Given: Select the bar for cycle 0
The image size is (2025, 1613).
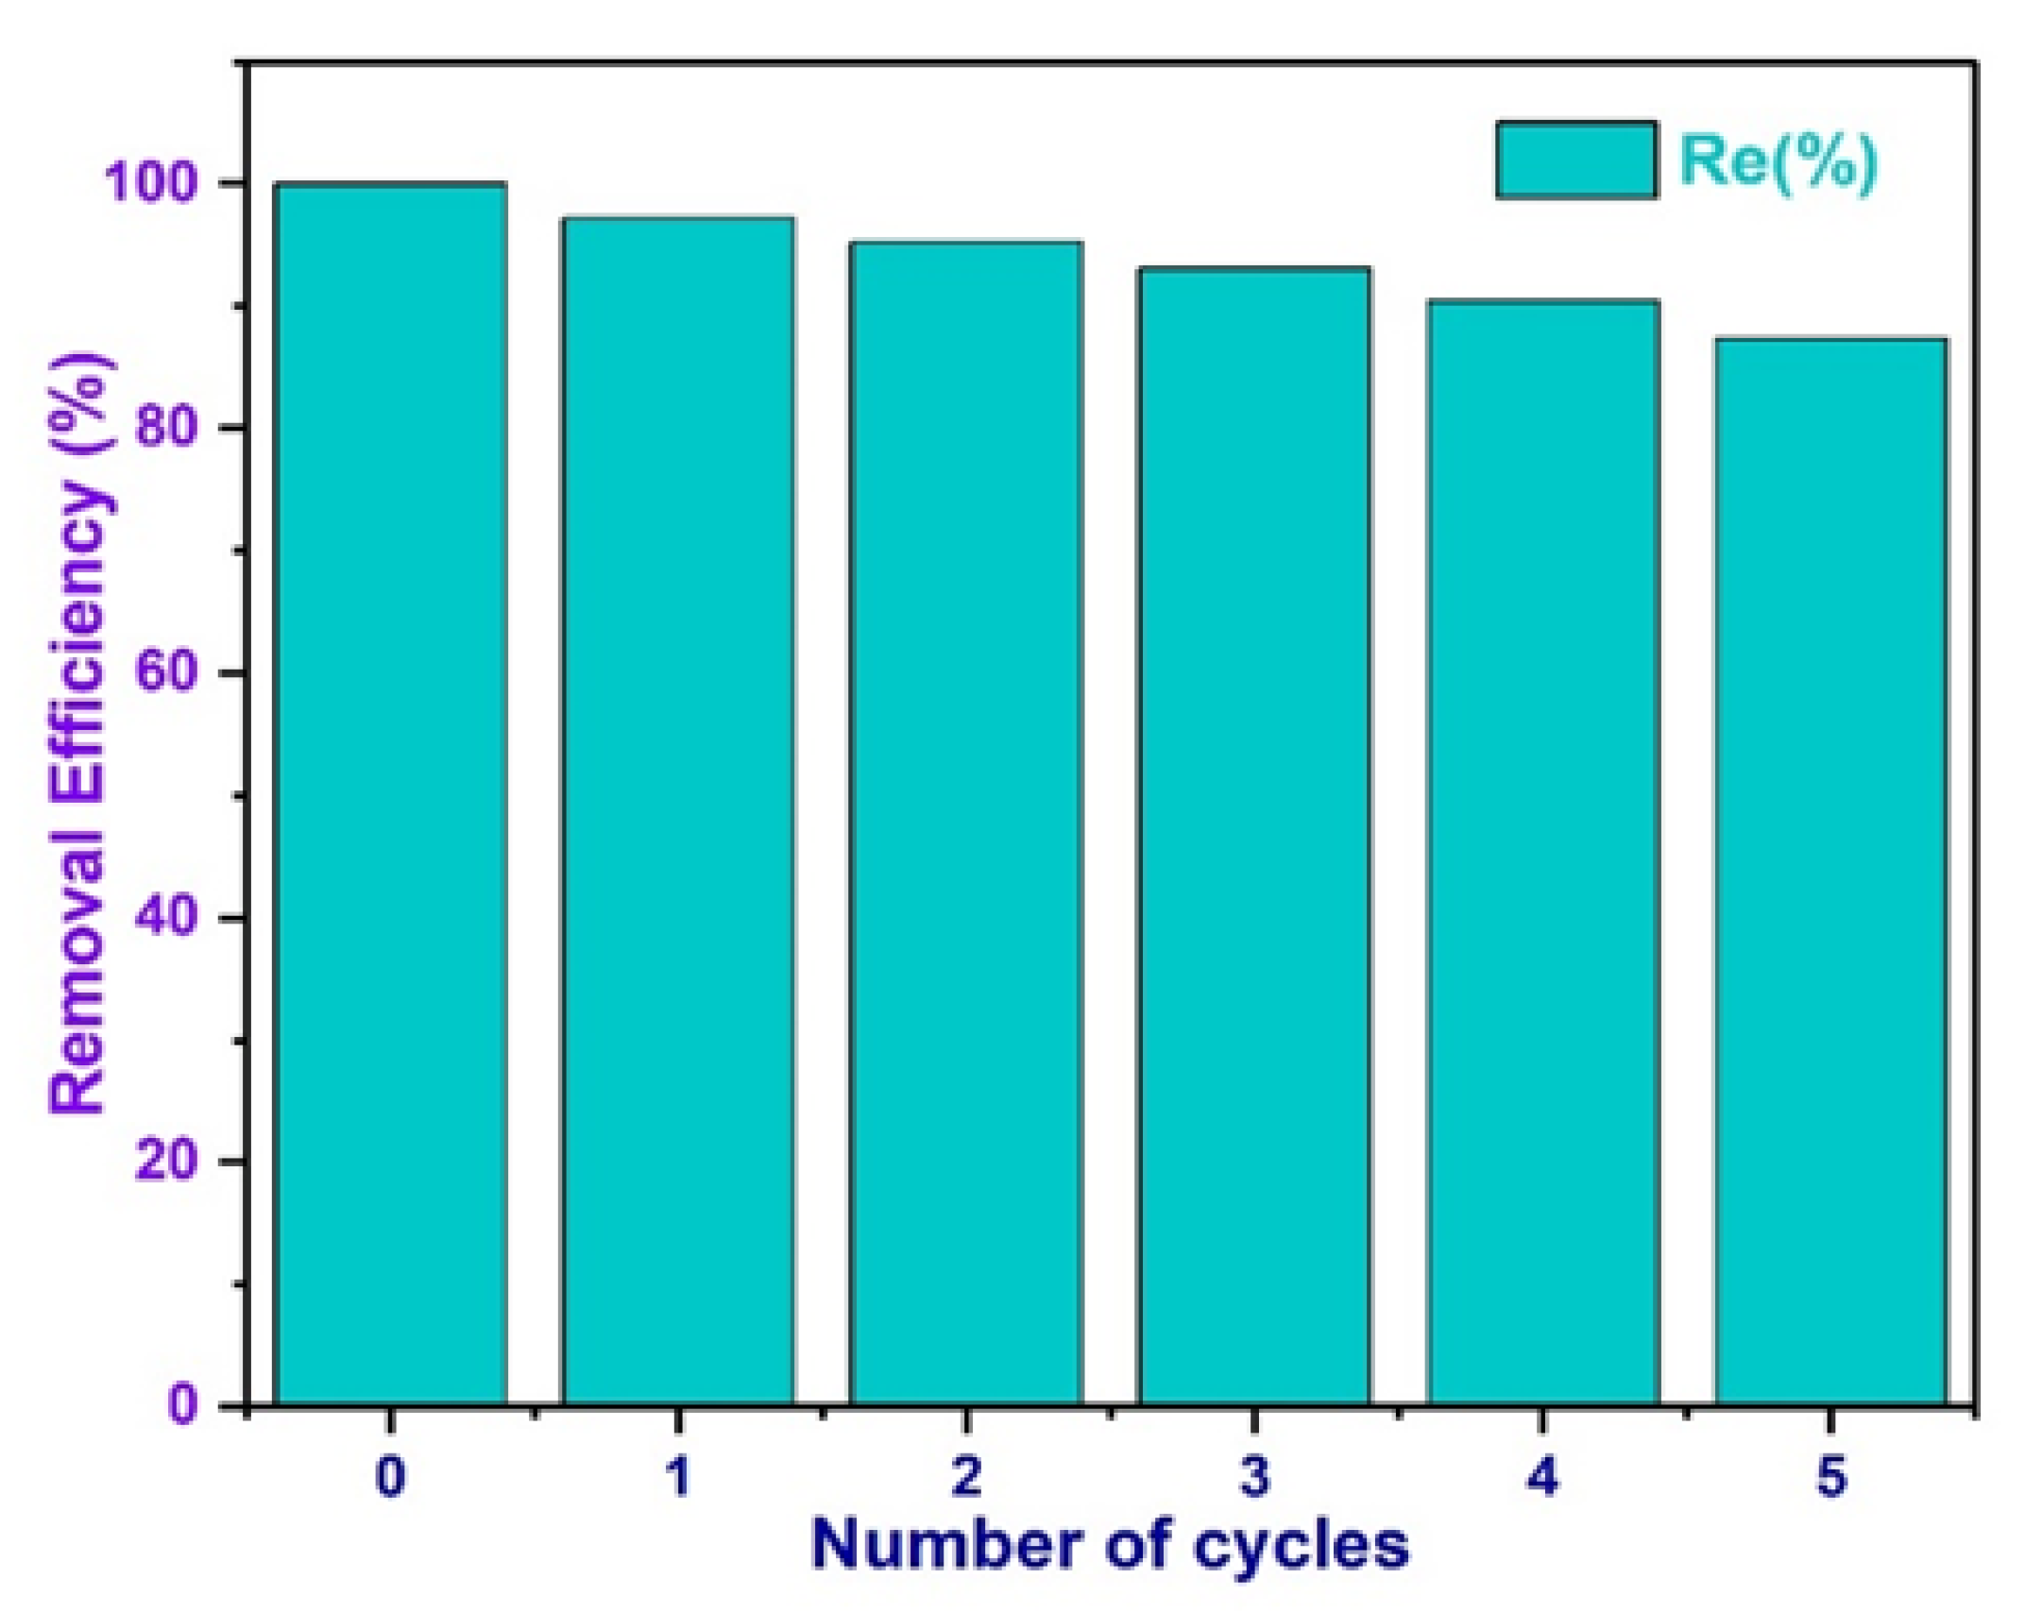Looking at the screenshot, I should (x=390, y=793).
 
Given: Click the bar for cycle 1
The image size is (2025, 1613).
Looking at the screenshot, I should (x=678, y=812).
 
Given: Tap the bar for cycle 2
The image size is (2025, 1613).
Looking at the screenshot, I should (x=966, y=822).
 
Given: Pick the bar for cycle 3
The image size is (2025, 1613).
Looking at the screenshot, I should (x=1254, y=836).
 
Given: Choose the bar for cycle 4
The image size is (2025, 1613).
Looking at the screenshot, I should (x=1543, y=850).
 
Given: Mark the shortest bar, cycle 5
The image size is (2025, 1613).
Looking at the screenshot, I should (x=1831, y=869).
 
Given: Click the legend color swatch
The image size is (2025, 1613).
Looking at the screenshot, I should (x=1575, y=160).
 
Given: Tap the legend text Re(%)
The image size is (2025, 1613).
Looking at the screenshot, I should (x=1778, y=161).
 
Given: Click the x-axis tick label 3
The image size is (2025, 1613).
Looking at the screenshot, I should (x=1254, y=1476).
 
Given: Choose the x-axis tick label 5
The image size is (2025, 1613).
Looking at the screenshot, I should (x=1831, y=1476).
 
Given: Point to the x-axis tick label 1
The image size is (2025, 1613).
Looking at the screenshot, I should (x=678, y=1476).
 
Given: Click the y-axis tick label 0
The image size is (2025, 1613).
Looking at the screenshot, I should (x=184, y=1404).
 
